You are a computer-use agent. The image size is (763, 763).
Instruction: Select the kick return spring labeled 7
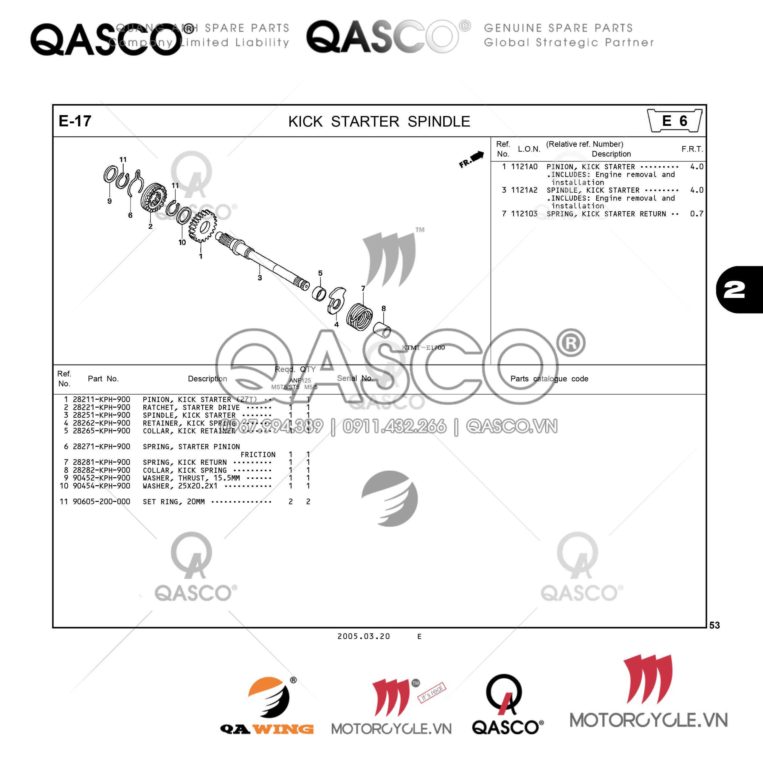(x=359, y=316)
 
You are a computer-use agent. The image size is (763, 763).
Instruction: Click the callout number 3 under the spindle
(x=260, y=278)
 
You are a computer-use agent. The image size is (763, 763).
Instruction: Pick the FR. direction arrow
(x=472, y=159)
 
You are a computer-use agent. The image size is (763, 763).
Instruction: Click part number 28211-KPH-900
(x=102, y=399)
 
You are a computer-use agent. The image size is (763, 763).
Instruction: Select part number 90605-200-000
(x=102, y=502)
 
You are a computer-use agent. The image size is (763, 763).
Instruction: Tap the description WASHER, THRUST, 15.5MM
(x=191, y=478)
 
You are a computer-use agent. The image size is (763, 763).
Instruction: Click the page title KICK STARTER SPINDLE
(x=379, y=121)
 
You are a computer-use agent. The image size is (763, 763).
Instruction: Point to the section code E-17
(x=75, y=121)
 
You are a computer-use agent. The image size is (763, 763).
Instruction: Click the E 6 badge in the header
(x=674, y=121)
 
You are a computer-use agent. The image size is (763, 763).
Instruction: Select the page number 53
(x=714, y=625)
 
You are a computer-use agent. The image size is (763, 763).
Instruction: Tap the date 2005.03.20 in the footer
(x=363, y=636)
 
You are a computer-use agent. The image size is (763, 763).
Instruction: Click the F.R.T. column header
(x=692, y=149)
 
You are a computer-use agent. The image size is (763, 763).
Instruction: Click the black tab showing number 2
(x=739, y=290)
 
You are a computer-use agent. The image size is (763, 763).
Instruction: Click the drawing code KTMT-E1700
(x=423, y=348)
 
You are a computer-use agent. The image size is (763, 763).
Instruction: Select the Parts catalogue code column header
(x=549, y=379)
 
